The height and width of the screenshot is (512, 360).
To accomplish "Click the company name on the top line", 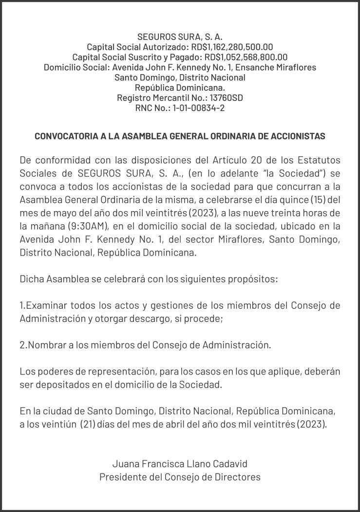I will (x=180, y=37).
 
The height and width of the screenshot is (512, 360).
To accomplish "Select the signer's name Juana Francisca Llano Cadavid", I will (x=180, y=464).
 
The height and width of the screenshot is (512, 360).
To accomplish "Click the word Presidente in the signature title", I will (x=122, y=477).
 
